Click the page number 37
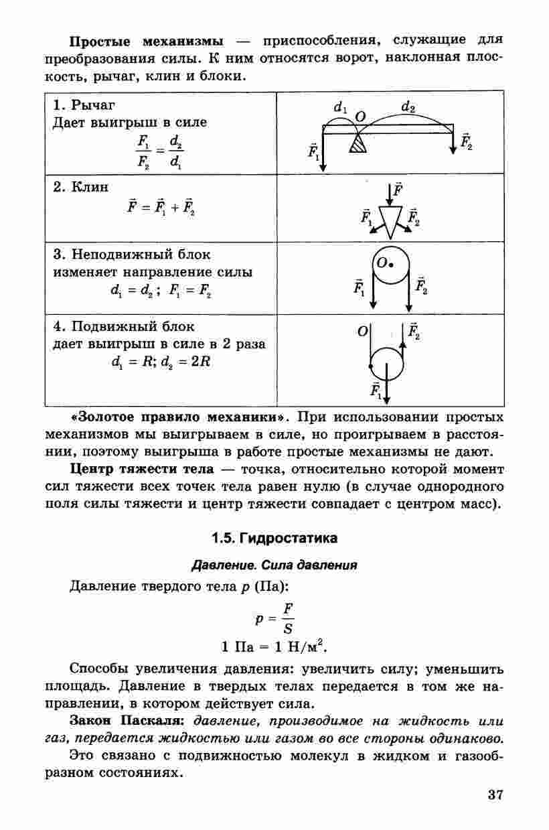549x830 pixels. [495, 796]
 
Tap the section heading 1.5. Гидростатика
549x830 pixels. [274, 538]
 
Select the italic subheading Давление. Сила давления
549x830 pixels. [274, 565]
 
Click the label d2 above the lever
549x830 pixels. [408, 107]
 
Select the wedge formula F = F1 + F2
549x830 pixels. [161, 205]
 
